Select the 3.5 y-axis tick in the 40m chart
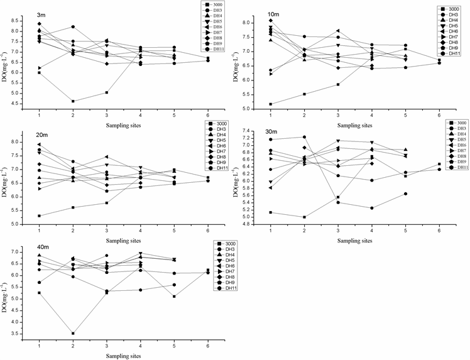pyautogui.click(x=22, y=334)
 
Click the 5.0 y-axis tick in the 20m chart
pyautogui.click(x=22, y=224)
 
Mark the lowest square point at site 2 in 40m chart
pyautogui.click(x=73, y=334)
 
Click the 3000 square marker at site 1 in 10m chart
pyautogui.click(x=271, y=104)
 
